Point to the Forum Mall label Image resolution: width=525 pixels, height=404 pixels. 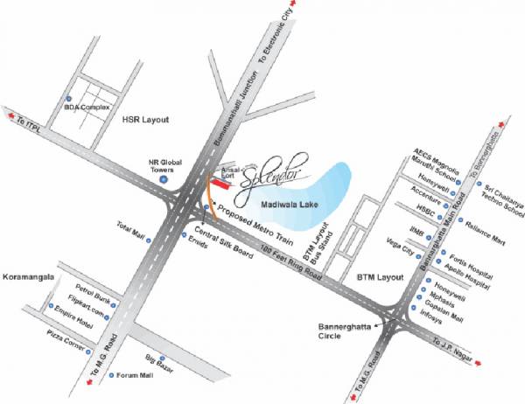click(135, 376)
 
